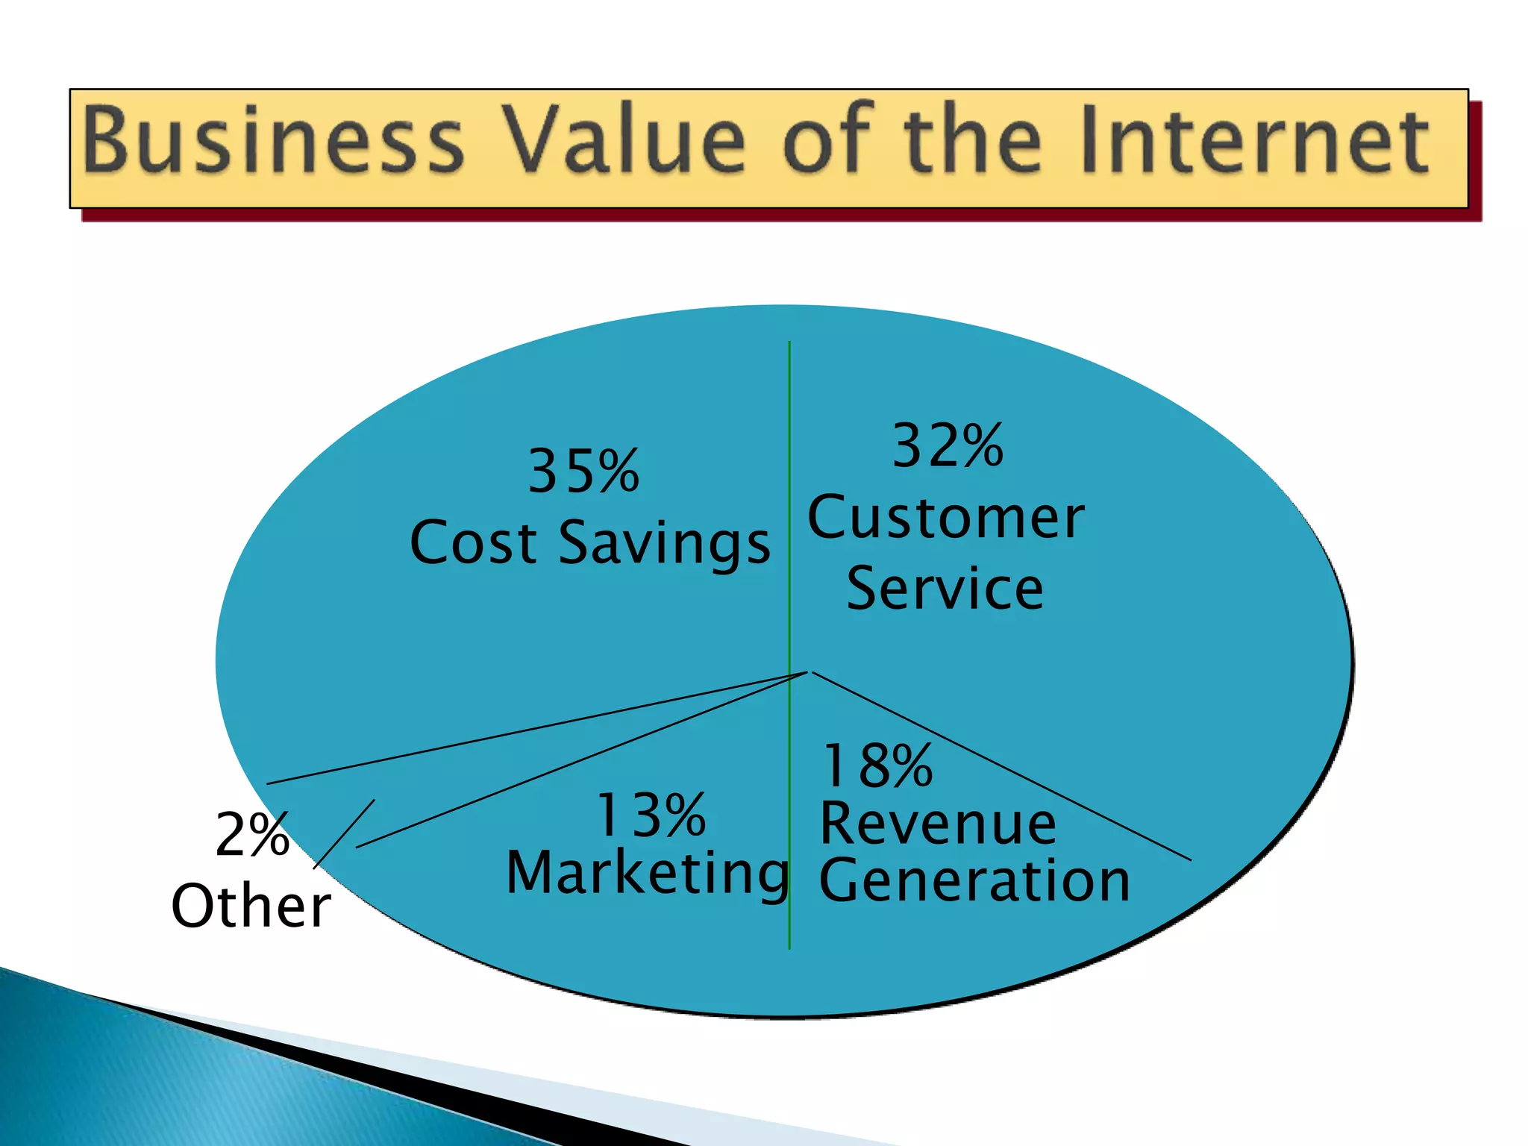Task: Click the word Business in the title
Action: pyautogui.click(x=273, y=140)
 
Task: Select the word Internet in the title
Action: pyautogui.click(x=1253, y=140)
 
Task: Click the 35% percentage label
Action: pyautogui.click(x=583, y=472)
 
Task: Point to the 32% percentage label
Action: pyautogui.click(x=948, y=445)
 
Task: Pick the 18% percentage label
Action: pyautogui.click(x=877, y=766)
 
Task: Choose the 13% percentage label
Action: pyautogui.click(x=651, y=815)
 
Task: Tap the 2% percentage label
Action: pyautogui.click(x=252, y=834)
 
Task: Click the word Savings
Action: pyautogui.click(x=664, y=544)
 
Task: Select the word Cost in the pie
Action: pyautogui.click(x=473, y=542)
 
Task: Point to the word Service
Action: pyautogui.click(x=945, y=589)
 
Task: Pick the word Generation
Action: pyautogui.click(x=974, y=881)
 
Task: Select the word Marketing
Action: pyautogui.click(x=647, y=874)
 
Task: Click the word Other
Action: pyautogui.click(x=251, y=906)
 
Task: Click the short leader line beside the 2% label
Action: pyautogui.click(x=344, y=833)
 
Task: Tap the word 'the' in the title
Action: pyautogui.click(x=974, y=140)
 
